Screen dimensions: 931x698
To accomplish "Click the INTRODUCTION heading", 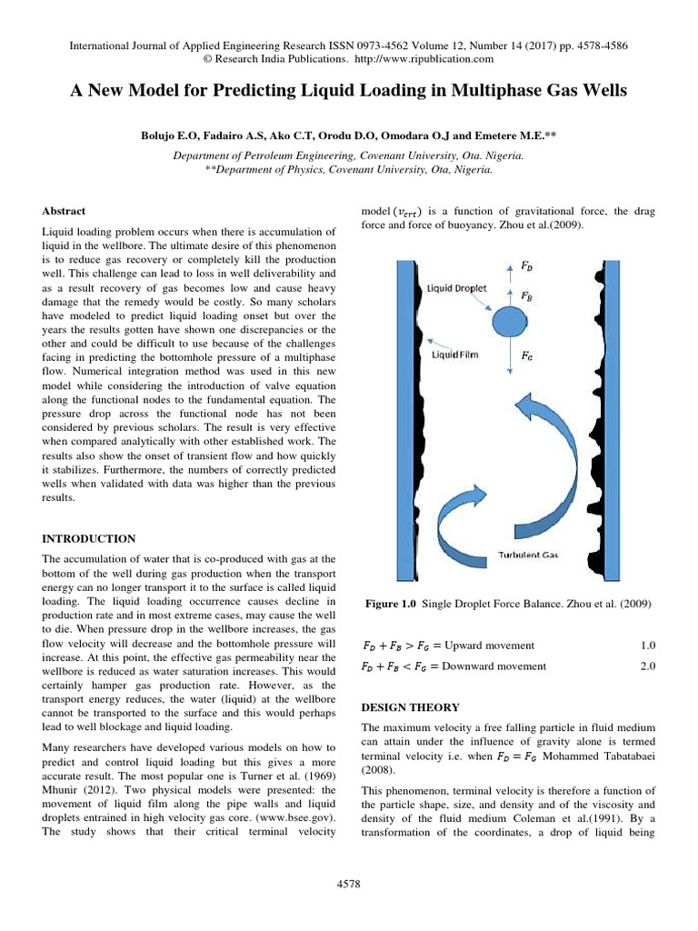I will (x=89, y=538).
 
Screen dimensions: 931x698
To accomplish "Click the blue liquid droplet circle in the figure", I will (x=508, y=321).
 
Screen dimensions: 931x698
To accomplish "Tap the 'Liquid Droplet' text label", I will (x=458, y=286).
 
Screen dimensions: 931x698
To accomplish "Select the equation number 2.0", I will (x=647, y=666).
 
